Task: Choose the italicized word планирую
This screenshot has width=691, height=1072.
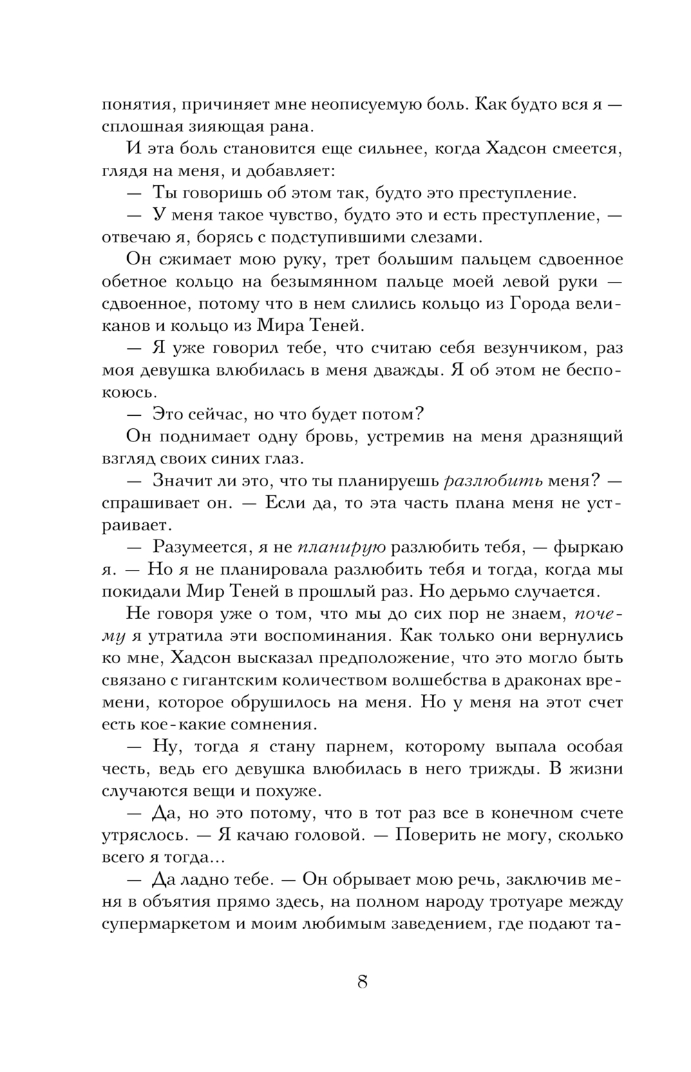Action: click(x=341, y=546)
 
